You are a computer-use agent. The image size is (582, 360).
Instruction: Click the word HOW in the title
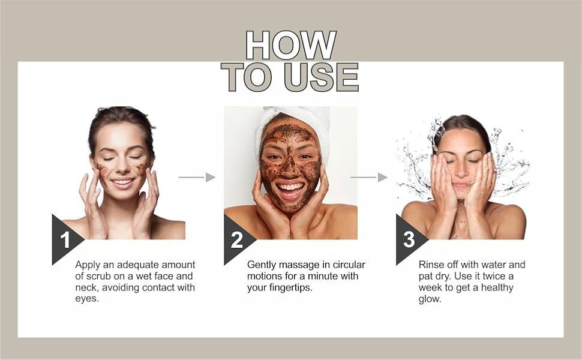point(291,45)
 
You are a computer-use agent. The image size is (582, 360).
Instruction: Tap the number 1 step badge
point(65,240)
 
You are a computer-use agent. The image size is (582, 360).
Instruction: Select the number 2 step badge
point(237,240)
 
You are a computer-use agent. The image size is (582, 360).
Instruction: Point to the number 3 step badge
point(409,240)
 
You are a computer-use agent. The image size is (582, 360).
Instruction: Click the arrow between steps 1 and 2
point(197,177)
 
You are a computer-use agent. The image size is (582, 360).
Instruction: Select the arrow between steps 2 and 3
point(369,177)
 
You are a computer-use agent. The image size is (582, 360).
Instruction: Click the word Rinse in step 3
point(431,265)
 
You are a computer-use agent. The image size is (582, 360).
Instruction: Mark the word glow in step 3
point(430,299)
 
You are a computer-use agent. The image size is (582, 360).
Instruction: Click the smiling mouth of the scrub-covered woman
point(291,190)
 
